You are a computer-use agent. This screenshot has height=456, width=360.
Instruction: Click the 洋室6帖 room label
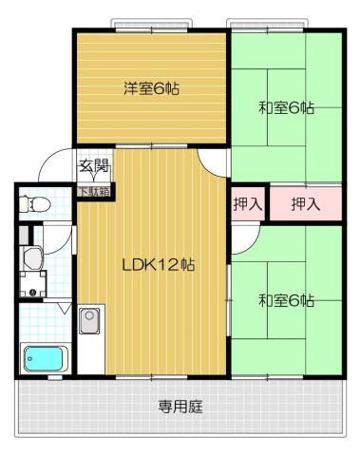[151, 88]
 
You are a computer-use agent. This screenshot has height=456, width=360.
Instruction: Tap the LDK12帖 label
[158, 265]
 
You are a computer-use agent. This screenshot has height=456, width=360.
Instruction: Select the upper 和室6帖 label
[286, 107]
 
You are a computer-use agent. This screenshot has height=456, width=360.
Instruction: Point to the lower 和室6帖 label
[286, 301]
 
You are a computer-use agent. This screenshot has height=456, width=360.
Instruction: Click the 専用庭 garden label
[180, 408]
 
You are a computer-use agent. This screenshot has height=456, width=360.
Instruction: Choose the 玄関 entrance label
[93, 167]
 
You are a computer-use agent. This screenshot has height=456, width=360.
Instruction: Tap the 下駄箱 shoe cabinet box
[93, 190]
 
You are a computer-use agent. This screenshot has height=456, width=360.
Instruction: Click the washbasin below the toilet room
[31, 256]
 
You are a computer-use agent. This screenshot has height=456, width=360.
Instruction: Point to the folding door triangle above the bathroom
[63, 308]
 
